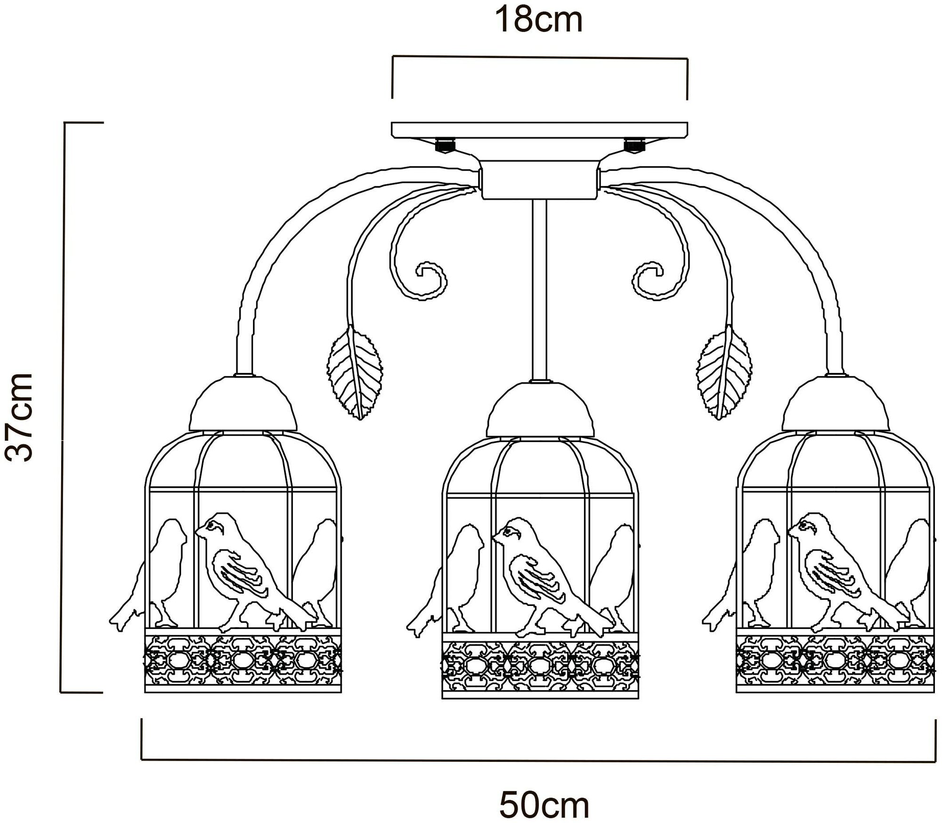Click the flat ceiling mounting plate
pos(540,130)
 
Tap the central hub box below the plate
pos(540,179)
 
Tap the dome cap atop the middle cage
pos(540,409)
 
